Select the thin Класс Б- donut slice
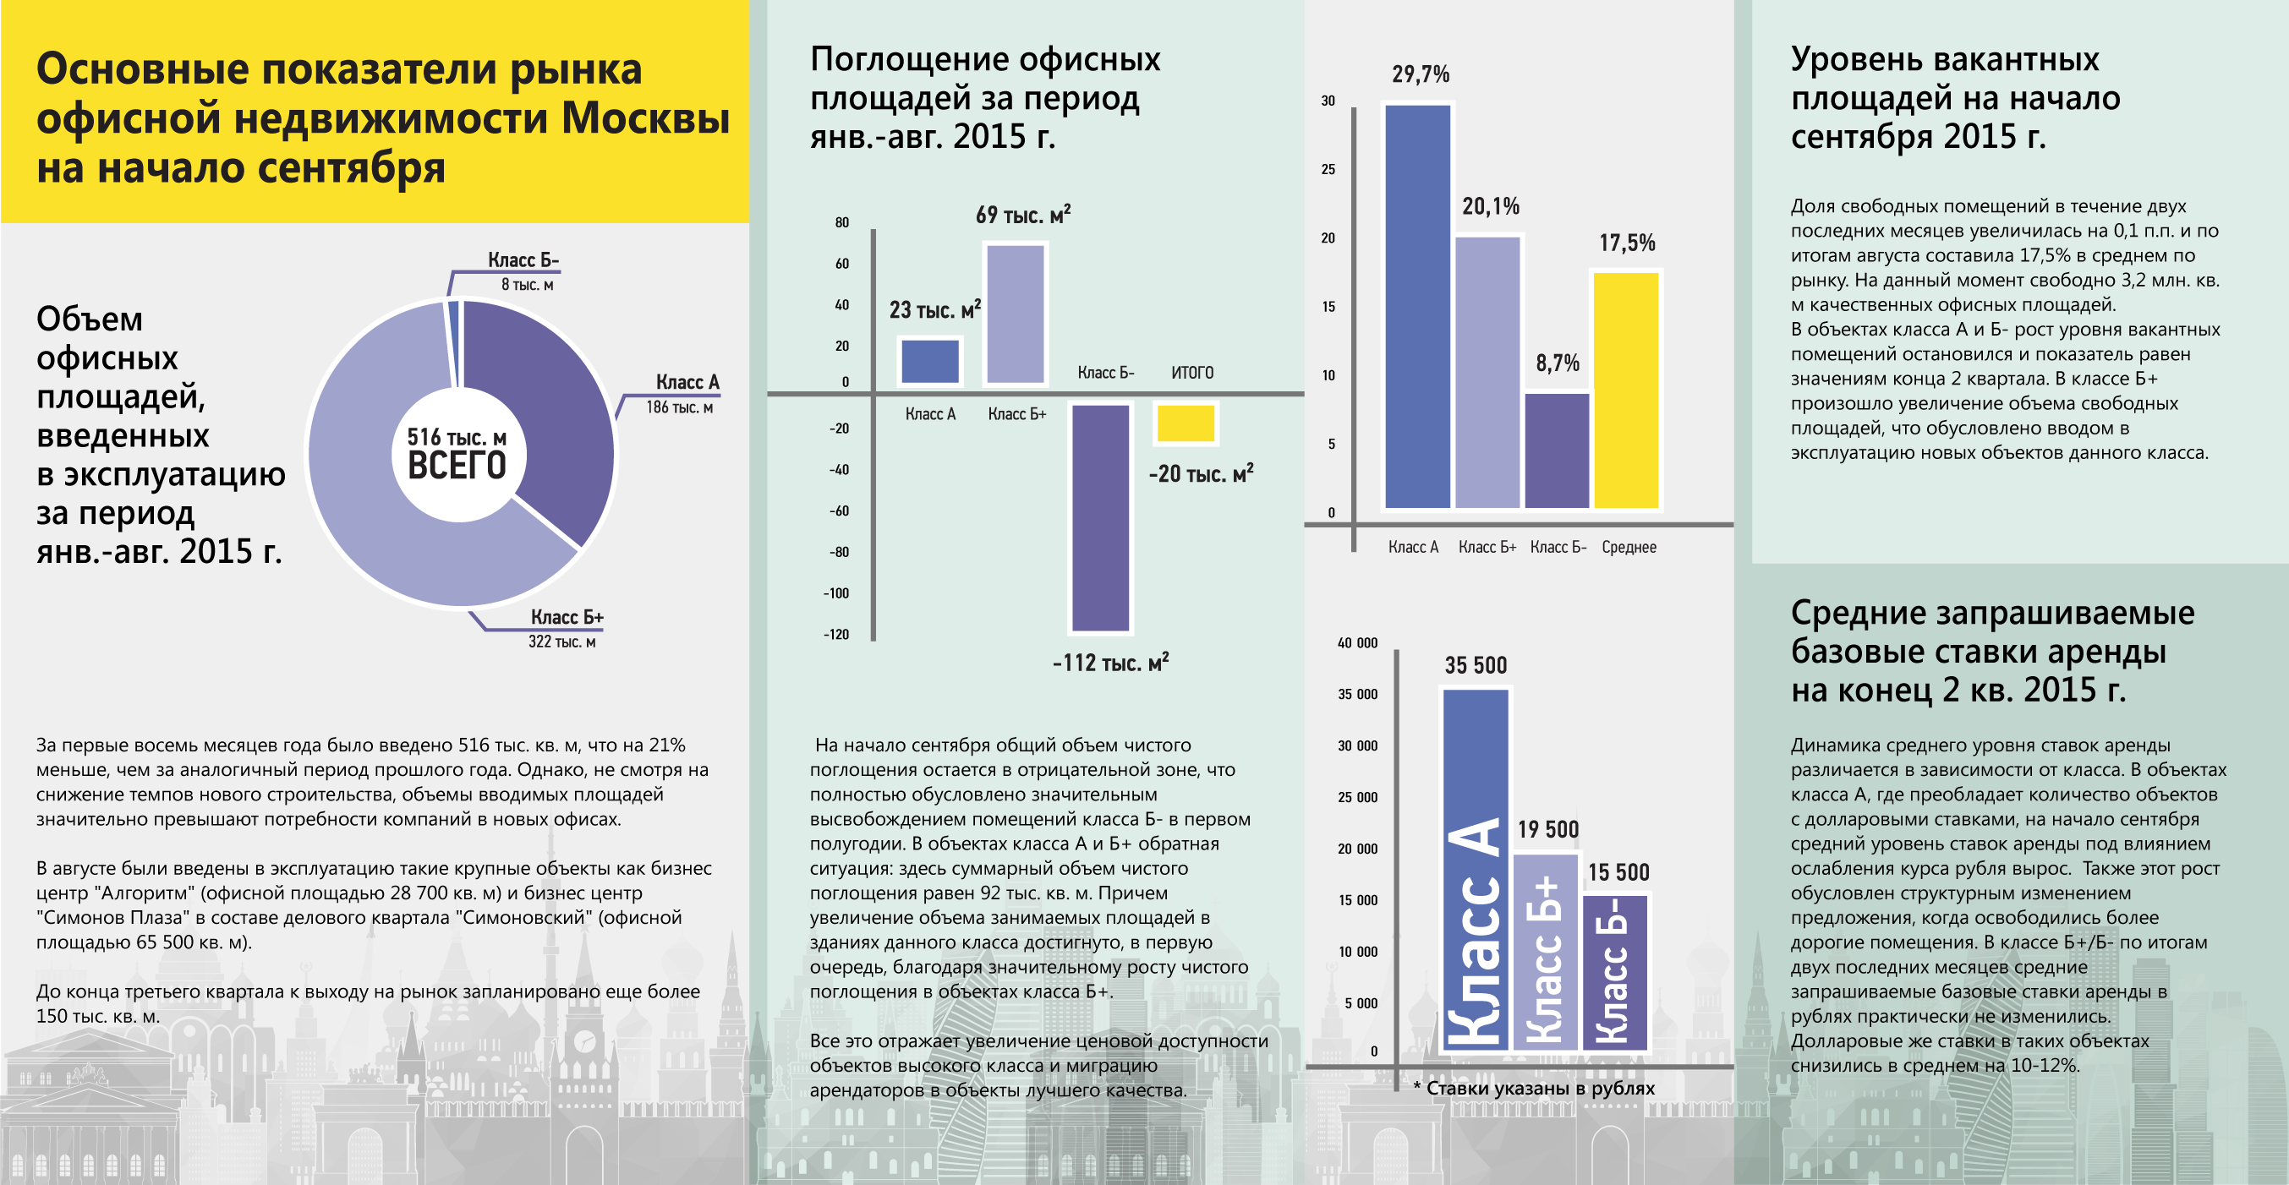tap(453, 342)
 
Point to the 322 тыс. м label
tap(561, 642)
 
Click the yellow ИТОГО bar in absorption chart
tap(1186, 423)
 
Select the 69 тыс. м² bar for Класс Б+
tap(1016, 314)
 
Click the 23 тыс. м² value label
tap(934, 309)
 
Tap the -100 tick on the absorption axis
tap(836, 593)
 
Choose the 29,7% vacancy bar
tap(1418, 307)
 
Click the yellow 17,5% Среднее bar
tap(1626, 390)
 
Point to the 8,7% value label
tap(1558, 363)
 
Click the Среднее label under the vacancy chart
tap(1629, 547)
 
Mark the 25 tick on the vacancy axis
tap(1328, 169)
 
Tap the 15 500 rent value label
tap(1618, 872)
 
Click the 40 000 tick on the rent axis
tap(1357, 643)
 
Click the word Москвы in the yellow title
tap(646, 118)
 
